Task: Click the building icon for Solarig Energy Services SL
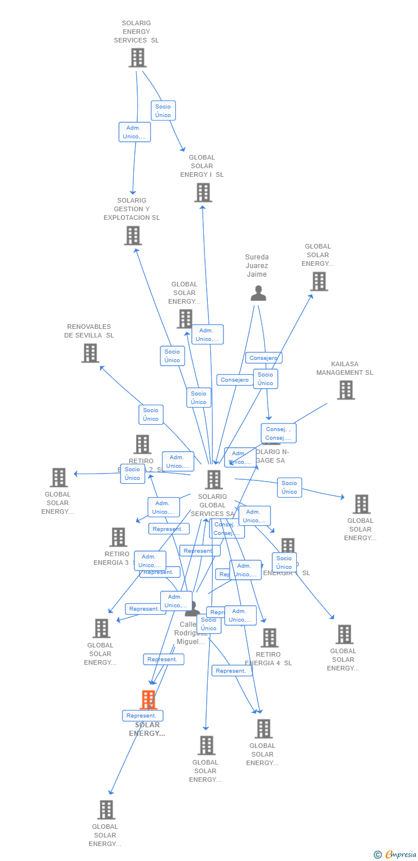point(137,58)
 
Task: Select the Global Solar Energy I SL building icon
point(203,193)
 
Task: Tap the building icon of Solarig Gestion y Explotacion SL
point(133,235)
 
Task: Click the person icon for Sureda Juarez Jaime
point(258,293)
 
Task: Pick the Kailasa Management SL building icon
point(346,390)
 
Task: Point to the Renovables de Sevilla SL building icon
point(90,353)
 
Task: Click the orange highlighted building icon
point(148,700)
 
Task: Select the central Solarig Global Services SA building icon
point(214,480)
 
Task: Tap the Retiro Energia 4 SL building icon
point(269,638)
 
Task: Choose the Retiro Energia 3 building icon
point(118,537)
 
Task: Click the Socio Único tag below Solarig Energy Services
point(163,111)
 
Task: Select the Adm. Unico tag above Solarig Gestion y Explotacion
point(135,132)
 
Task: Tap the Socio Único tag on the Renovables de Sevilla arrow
point(151,414)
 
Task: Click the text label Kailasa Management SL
point(345,369)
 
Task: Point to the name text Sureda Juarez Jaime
point(257,266)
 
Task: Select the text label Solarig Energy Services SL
point(136,32)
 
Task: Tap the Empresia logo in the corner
point(400,855)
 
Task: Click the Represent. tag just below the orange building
point(142,716)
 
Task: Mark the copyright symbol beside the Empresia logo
point(378,855)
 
